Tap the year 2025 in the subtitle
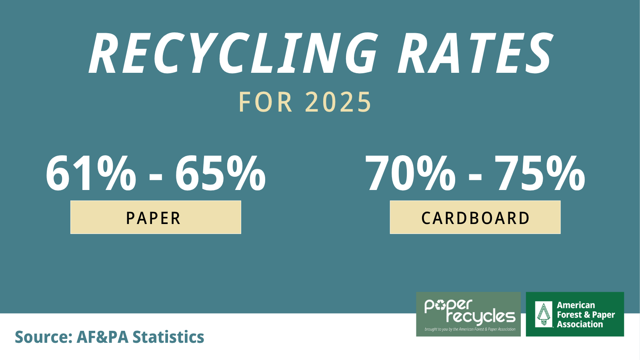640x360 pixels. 338,102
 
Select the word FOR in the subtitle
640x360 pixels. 266,102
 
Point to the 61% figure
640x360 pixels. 91,173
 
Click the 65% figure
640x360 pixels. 220,173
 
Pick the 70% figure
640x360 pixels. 410,173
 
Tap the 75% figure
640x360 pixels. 540,173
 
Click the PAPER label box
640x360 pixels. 156,217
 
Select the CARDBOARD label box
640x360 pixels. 475,217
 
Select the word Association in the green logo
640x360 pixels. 580,324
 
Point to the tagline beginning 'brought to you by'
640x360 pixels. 470,329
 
